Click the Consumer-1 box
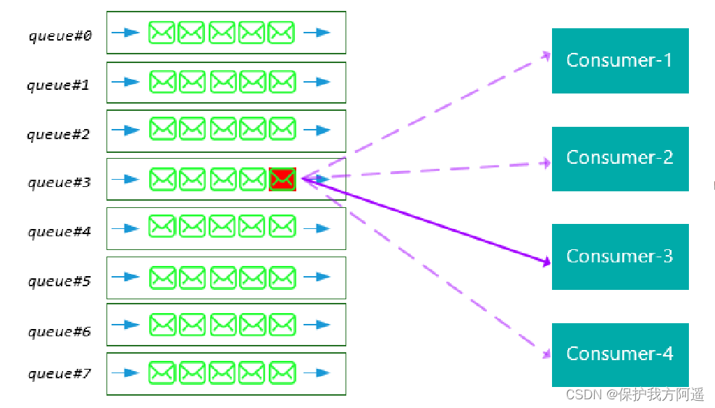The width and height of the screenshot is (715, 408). [619, 61]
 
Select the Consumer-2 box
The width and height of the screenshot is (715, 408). [619, 159]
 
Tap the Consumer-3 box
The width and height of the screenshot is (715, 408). [619, 257]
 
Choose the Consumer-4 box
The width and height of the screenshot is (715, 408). [619, 354]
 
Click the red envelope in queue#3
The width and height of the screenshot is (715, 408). [282, 179]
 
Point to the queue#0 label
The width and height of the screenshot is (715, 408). [60, 36]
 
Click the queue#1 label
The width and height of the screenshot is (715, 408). [59, 85]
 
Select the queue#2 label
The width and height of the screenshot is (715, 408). [59, 134]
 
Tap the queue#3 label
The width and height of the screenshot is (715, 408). [59, 182]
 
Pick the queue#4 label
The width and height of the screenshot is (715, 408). [59, 232]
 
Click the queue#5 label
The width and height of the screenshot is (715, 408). [59, 281]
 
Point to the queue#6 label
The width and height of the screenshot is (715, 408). [59, 331]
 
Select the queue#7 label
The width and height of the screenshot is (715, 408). [59, 374]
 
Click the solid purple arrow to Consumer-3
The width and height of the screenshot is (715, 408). [427, 222]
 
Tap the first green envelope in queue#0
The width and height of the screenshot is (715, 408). [162, 33]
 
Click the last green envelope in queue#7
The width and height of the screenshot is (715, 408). [282, 373]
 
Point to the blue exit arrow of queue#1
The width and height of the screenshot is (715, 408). [317, 82]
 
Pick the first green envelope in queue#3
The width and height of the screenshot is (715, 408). [162, 179]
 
